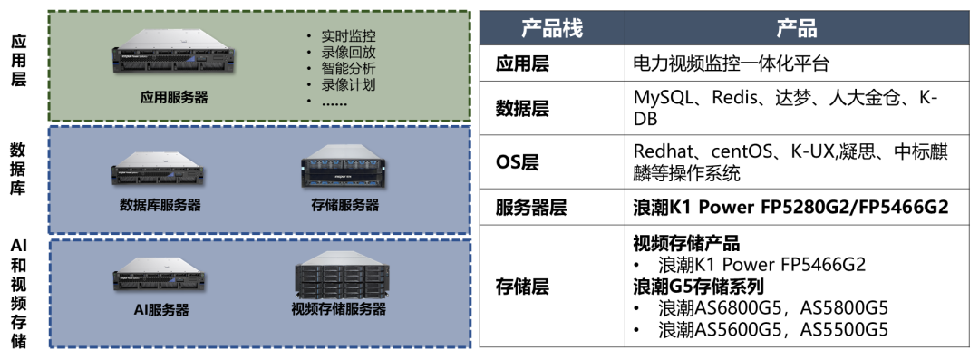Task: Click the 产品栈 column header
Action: click(551, 27)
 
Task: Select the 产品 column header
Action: click(796, 27)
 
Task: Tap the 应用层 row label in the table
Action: click(522, 63)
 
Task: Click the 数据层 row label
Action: click(522, 108)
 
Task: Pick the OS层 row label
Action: click(517, 161)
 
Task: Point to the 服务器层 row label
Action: click(531, 208)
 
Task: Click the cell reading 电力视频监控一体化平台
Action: click(732, 63)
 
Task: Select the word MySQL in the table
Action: click(666, 97)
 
